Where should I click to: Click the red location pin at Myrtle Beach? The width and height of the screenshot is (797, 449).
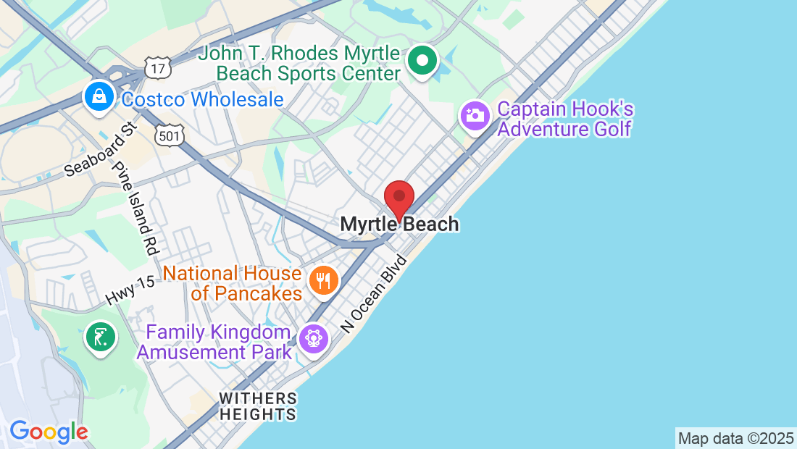pos(398,197)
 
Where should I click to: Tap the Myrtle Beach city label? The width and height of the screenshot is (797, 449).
pos(399,224)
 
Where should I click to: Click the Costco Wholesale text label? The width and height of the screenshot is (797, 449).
pos(202,100)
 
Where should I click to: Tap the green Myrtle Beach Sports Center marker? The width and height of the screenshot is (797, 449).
pos(422,61)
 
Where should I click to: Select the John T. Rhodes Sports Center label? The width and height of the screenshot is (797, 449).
pos(299,64)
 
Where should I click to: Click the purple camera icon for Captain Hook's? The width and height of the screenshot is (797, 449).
pos(475,115)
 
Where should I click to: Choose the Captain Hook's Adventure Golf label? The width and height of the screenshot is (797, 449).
pos(565,119)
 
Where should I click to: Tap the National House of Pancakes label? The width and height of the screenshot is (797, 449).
pos(232,284)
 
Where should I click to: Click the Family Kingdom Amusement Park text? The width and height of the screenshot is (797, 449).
pos(214,343)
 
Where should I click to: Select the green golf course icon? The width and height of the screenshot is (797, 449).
pos(100,337)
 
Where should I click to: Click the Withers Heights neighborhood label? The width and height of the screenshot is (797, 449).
pos(258,406)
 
